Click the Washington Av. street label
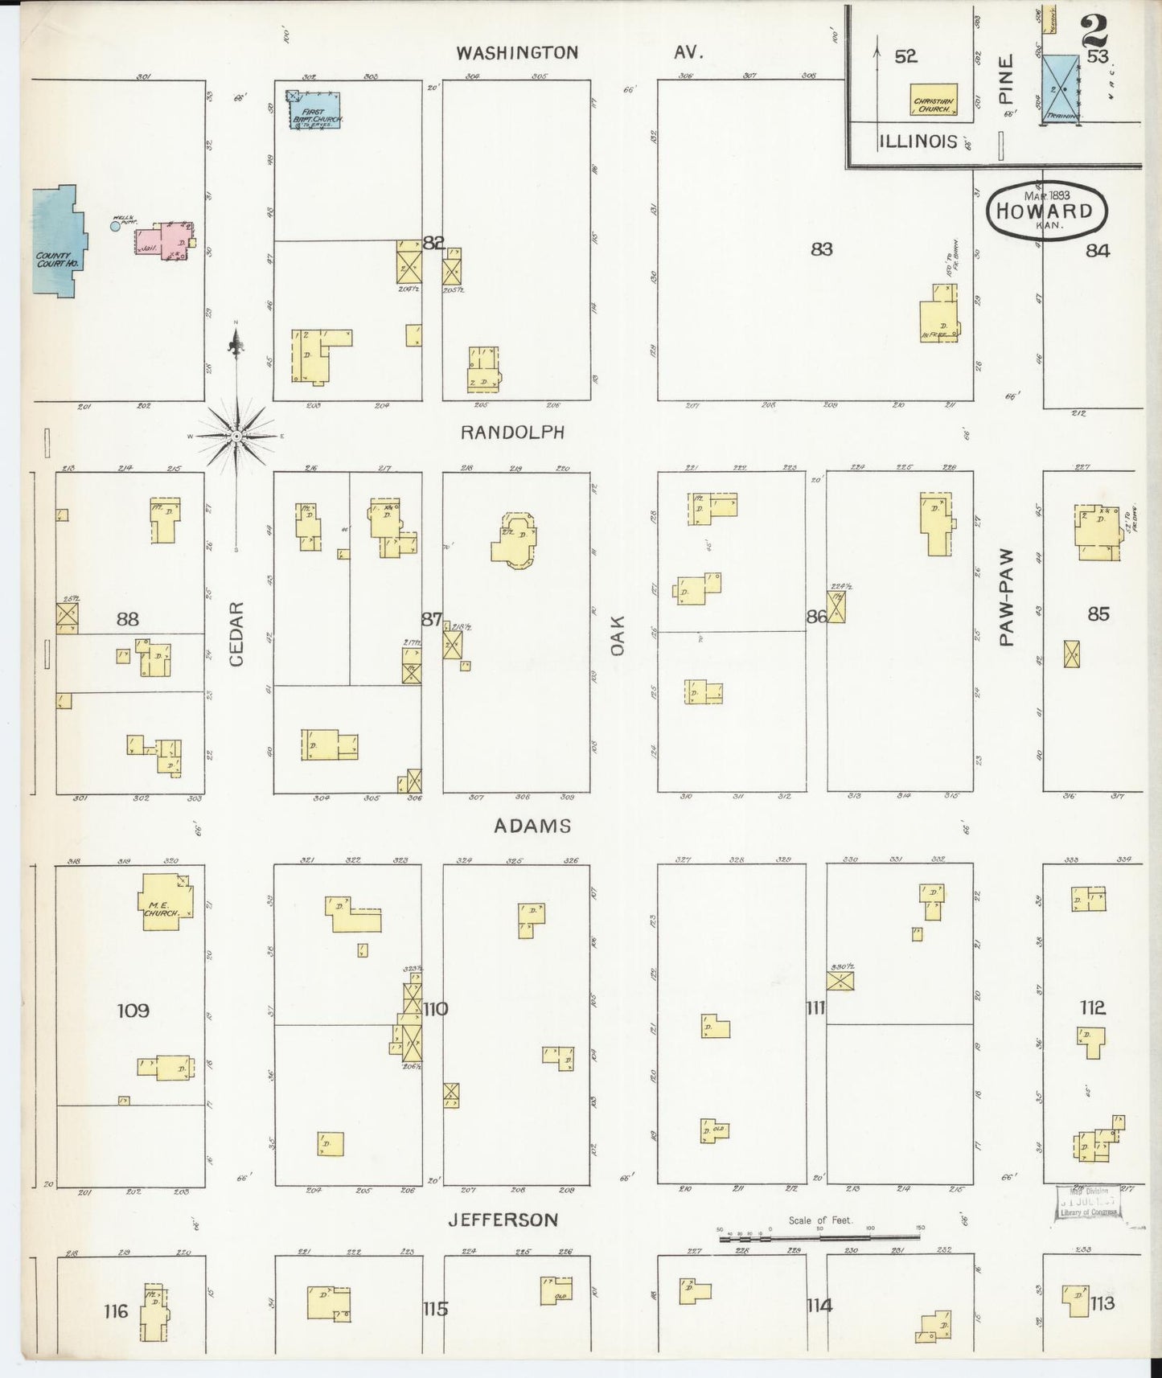579,53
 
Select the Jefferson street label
503,1220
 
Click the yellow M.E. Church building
167,902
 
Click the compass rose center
236,436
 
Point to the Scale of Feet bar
820,1239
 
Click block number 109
133,1011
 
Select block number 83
821,250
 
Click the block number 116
116,1311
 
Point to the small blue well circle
115,227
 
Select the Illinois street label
918,141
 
